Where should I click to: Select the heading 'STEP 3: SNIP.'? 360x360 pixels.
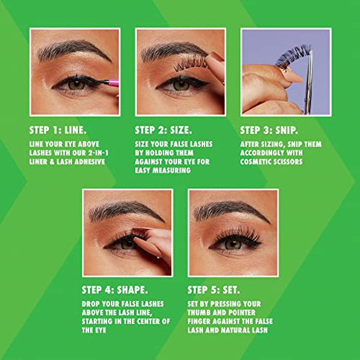pos(270,128)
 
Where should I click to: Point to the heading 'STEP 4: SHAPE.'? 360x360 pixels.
pos(113,289)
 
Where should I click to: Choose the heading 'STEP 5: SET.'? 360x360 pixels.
pos(214,289)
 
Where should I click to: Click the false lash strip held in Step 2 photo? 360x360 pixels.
pos(191,65)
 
